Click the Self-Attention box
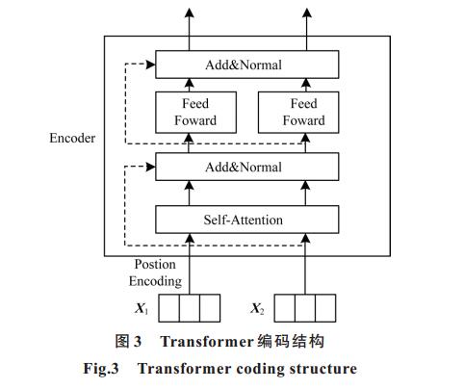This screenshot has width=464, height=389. pyautogui.click(x=246, y=220)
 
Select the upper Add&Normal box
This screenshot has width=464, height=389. pyautogui.click(x=246, y=65)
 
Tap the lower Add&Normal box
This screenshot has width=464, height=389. pyautogui.click(x=246, y=167)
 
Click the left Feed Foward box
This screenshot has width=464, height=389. pyautogui.click(x=195, y=113)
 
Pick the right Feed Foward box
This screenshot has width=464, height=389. pyautogui.click(x=298, y=113)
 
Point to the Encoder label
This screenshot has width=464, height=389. pyautogui.click(x=72, y=138)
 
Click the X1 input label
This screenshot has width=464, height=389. pyautogui.click(x=142, y=308)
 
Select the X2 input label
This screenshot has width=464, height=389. pyautogui.click(x=257, y=308)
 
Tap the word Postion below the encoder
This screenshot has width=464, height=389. pyautogui.click(x=155, y=264)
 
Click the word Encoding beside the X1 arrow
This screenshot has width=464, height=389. pyautogui.click(x=155, y=281)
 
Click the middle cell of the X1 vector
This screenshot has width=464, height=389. pyautogui.click(x=190, y=308)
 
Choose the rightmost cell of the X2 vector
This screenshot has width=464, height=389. pyautogui.click(x=325, y=308)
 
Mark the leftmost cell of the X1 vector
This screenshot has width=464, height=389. pyautogui.click(x=169, y=308)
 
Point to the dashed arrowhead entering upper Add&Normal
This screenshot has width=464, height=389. pyautogui.click(x=150, y=65)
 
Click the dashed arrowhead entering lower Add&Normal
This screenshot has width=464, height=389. pyautogui.click(x=150, y=167)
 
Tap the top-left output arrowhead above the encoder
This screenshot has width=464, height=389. pyautogui.click(x=190, y=13)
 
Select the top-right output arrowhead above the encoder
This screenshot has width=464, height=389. pyautogui.click(x=307, y=13)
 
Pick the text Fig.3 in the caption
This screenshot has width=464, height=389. pyautogui.click(x=101, y=369)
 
